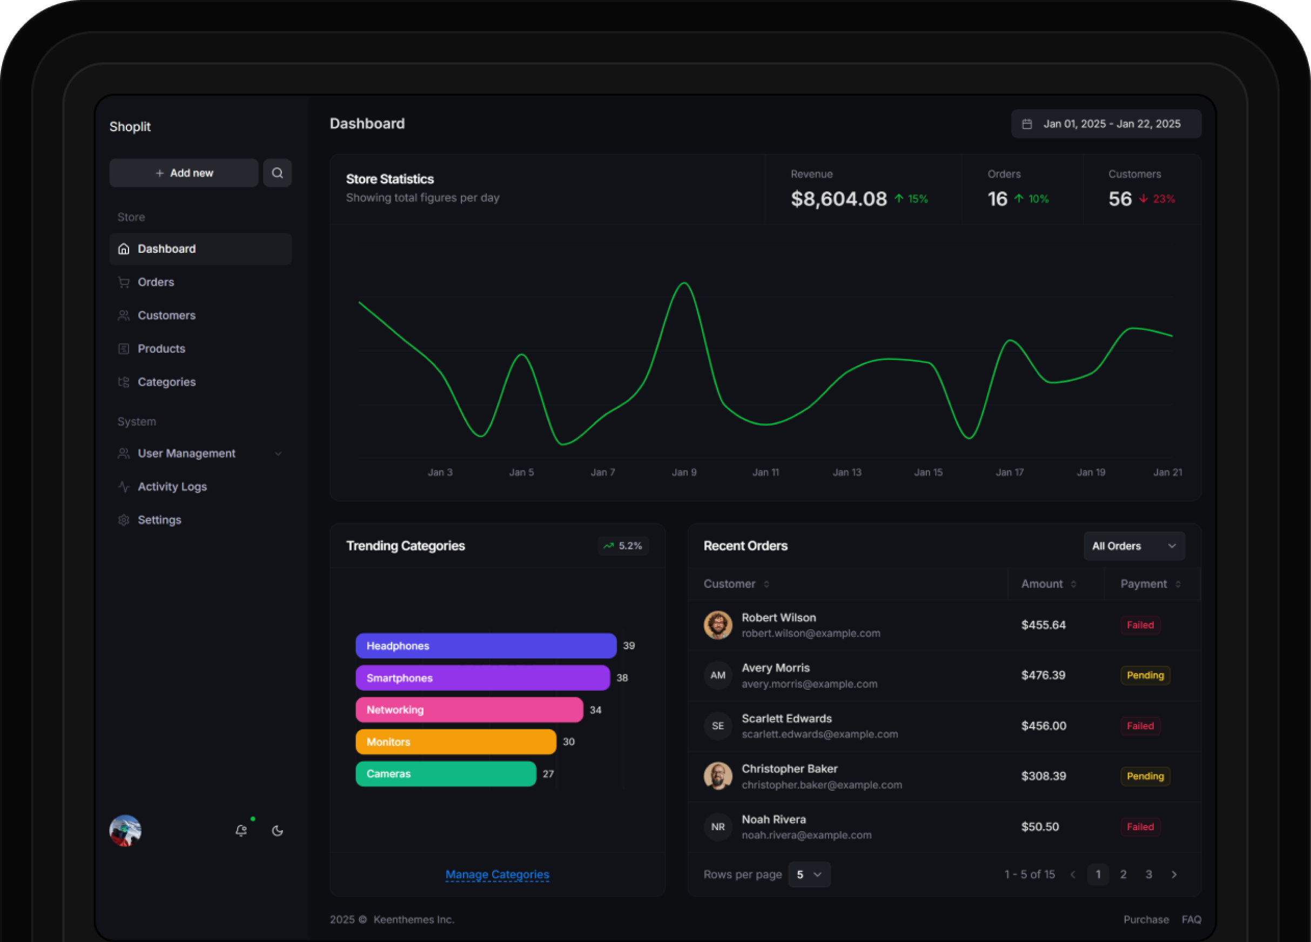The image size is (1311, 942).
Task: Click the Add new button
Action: click(x=183, y=173)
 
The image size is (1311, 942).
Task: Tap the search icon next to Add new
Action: click(x=278, y=173)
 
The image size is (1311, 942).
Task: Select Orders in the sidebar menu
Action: click(x=156, y=282)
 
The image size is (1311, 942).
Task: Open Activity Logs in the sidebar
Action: click(x=172, y=487)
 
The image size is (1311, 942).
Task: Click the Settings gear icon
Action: click(x=124, y=520)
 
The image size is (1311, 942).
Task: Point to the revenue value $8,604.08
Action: click(x=838, y=199)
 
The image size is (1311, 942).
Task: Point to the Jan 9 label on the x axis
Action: click(x=684, y=472)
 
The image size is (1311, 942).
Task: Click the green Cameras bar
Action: click(x=446, y=774)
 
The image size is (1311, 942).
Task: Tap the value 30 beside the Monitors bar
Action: click(x=569, y=742)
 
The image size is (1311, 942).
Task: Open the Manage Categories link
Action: click(x=497, y=874)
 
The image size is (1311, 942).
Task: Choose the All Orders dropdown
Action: click(x=1133, y=546)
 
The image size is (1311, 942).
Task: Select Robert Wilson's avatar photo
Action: click(x=718, y=625)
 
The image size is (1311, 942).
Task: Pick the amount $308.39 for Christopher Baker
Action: click(x=1044, y=776)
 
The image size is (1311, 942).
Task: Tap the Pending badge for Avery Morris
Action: click(x=1145, y=675)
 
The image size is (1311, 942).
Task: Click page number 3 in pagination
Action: click(x=1148, y=874)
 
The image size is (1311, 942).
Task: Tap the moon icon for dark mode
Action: click(x=278, y=831)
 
